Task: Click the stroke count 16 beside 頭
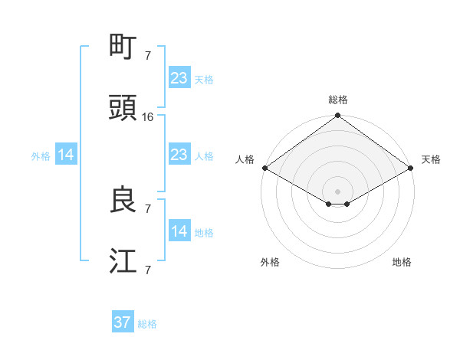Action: pos(148,117)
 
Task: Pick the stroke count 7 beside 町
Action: pos(148,55)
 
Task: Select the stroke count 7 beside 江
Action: pos(148,270)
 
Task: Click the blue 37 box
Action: pos(123,322)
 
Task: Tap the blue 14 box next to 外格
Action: pos(66,155)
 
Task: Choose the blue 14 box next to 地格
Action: pos(179,232)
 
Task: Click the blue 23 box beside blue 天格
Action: pos(179,78)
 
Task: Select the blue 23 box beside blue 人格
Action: pos(179,155)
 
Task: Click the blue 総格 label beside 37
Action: pos(147,324)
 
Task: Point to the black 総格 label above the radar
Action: pos(338,100)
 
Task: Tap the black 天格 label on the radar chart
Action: pos(431,159)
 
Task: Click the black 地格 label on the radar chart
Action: pos(402,262)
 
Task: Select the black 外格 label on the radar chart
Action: pos(270,262)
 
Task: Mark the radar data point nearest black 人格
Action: pos(264,168)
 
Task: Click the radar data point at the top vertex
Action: pos(338,116)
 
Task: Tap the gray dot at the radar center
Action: pos(338,191)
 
